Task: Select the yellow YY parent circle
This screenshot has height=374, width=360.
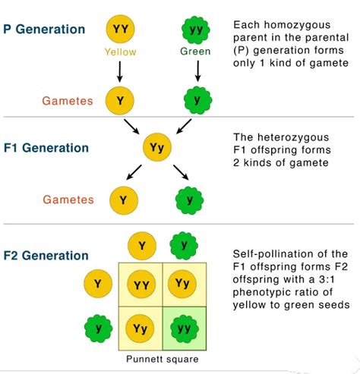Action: (x=120, y=29)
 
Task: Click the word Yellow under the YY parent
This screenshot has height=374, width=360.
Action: (x=119, y=52)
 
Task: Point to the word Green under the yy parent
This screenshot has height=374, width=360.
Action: (x=196, y=52)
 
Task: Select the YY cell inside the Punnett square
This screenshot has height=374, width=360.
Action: (x=141, y=284)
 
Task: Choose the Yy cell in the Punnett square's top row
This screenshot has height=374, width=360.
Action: (x=182, y=284)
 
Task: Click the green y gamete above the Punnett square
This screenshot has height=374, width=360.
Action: (x=183, y=244)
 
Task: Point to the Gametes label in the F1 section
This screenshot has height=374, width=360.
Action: (x=68, y=200)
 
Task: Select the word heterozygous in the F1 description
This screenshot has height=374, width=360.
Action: (x=292, y=137)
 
